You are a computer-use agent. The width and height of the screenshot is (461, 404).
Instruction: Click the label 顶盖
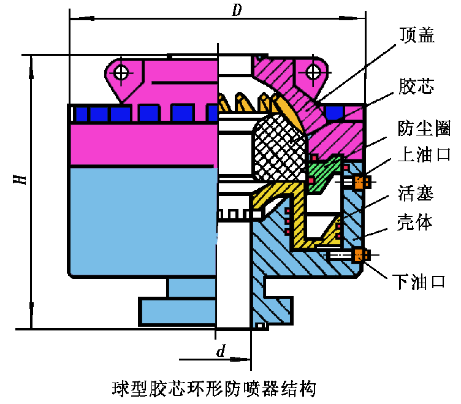point(417,36)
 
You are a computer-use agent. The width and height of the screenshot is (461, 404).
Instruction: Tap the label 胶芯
point(416,86)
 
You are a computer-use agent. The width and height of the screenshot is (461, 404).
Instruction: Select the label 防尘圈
point(424,128)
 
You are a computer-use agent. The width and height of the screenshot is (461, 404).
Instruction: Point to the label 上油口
point(424,154)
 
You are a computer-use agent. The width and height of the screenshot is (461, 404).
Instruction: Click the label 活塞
point(416,193)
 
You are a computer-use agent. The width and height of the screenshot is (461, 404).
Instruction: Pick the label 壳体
point(415,222)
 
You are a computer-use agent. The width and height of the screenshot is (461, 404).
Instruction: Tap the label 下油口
point(419,282)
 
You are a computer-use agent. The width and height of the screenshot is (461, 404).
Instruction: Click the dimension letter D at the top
point(237,10)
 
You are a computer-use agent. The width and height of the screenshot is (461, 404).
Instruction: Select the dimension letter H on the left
point(20,179)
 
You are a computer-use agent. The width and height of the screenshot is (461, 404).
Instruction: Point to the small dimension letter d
point(221,351)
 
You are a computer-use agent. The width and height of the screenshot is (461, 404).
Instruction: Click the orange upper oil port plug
point(361,182)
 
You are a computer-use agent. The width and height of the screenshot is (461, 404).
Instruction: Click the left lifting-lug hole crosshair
point(121,72)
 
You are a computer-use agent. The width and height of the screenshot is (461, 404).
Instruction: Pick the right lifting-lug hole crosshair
point(313,72)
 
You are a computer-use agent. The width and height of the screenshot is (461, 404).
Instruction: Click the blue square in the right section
point(335,113)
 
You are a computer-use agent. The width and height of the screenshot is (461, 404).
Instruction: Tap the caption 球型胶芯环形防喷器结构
point(214,389)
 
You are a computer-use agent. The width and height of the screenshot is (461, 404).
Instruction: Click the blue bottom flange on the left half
point(178,311)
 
